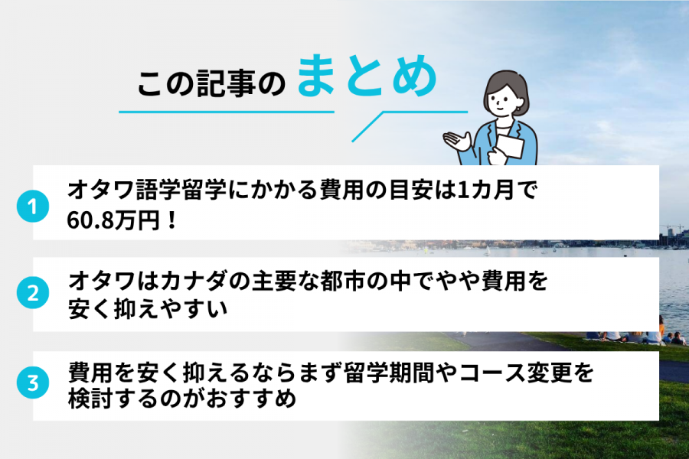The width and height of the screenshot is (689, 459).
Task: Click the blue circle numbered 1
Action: click(x=33, y=207)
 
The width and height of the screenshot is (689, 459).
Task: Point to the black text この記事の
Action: click(x=211, y=84)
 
